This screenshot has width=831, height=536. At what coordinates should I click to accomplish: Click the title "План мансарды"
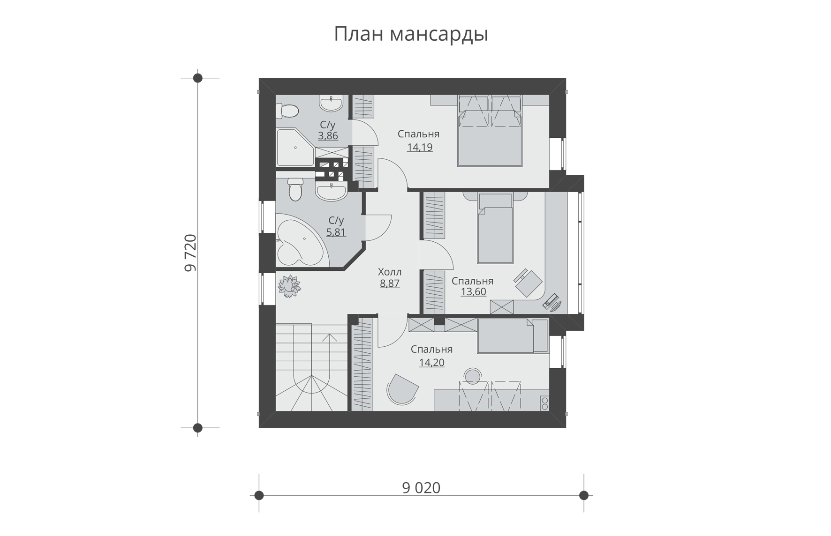tap(411, 35)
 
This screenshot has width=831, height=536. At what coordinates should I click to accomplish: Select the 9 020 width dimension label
tap(421, 488)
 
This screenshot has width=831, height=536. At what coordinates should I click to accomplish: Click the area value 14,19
tap(420, 147)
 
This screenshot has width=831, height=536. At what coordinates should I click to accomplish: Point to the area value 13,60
tap(473, 291)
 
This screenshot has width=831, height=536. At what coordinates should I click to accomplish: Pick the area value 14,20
tap(431, 362)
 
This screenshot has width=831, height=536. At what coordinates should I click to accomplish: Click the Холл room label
tap(390, 272)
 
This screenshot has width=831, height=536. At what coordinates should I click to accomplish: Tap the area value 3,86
tap(328, 136)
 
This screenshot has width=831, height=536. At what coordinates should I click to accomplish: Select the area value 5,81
tap(336, 231)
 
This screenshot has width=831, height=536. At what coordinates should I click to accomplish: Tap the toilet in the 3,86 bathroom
tap(287, 111)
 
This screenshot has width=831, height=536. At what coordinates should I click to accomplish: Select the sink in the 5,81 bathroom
tap(331, 191)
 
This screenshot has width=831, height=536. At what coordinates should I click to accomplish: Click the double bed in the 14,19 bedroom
tap(490, 131)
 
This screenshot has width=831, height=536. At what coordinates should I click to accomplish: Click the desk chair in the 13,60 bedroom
tap(528, 283)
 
